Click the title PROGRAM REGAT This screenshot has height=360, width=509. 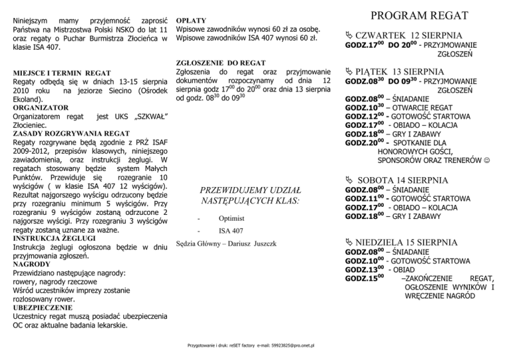419,15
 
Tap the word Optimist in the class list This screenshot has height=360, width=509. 232,218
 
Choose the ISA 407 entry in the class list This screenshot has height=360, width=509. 231,231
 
